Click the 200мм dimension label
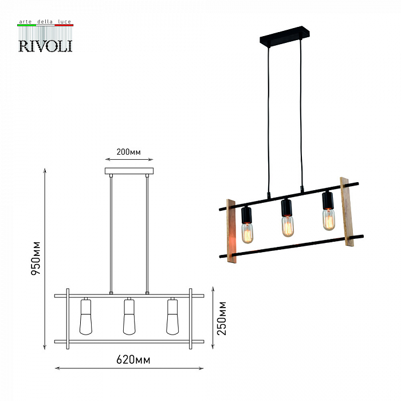point(128,152)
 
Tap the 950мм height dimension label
point(36,258)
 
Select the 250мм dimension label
point(222,319)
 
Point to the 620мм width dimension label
point(133,360)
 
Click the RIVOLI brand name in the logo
point(45,46)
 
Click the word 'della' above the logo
point(45,22)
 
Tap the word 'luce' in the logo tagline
point(64,22)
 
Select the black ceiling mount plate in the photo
point(285,36)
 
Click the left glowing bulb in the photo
point(247,233)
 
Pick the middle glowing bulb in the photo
point(288,226)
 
